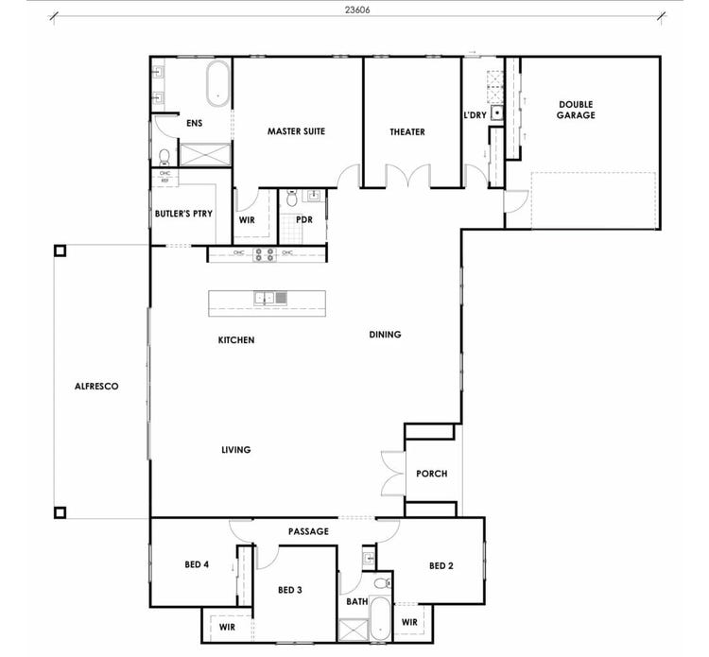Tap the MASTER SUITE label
point(296,131)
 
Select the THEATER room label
point(407,132)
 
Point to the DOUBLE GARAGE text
point(576,110)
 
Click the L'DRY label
point(475,114)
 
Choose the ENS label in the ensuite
point(194,123)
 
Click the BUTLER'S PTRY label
point(184,214)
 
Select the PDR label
point(303,220)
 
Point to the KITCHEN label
point(236,339)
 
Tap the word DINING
point(385,335)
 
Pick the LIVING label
point(236,450)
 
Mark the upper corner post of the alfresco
point(60,251)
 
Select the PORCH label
point(431,474)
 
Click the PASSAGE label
point(309,531)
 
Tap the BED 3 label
point(290,590)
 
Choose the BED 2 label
point(442,566)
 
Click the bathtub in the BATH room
point(378,619)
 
